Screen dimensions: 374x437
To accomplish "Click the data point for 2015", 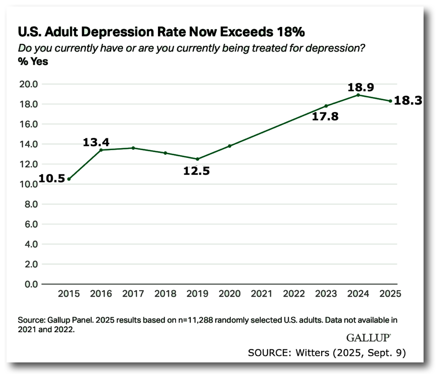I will click(x=69, y=179).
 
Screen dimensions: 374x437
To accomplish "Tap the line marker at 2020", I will click(x=229, y=146).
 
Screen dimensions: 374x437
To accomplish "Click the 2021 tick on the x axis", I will click(x=261, y=294).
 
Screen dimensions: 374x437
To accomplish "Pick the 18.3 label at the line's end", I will click(x=408, y=101).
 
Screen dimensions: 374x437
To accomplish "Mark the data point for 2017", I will click(x=133, y=148).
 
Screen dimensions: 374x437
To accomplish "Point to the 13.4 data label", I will click(x=96, y=142).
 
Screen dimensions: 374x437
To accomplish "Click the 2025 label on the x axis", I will click(x=390, y=294).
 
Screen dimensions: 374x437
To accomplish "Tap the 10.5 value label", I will click(x=51, y=179).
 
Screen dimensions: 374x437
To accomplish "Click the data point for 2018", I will click(x=165, y=153).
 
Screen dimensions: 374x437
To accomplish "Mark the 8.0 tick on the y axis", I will click(x=30, y=204).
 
